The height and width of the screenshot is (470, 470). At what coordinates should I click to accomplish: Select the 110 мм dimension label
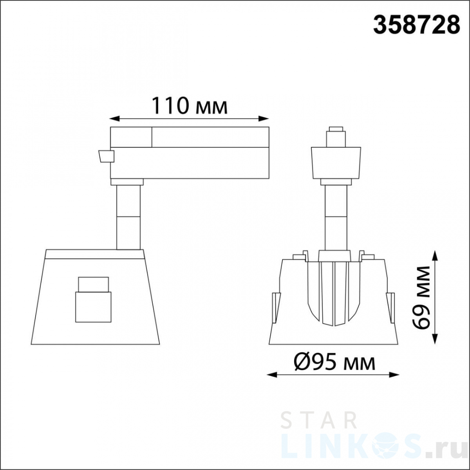pyautogui.click(x=190, y=106)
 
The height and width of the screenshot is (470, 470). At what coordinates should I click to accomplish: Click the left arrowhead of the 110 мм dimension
pyautogui.click(x=114, y=119)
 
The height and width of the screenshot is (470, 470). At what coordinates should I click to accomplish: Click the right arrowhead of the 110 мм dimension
pyautogui.click(x=264, y=119)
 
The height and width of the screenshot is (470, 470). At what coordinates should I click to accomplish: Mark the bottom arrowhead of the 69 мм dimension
pyautogui.click(x=436, y=339)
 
